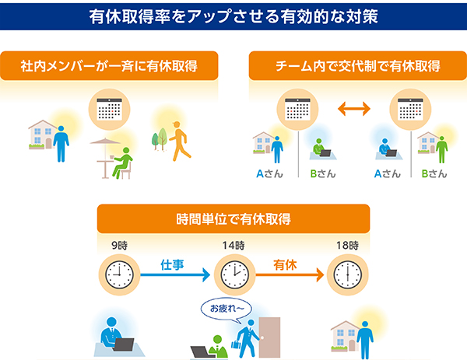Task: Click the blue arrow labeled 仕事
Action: click(175, 274)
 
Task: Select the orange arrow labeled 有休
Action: click(290, 274)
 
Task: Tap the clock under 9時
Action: click(119, 274)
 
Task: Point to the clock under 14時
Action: click(235, 274)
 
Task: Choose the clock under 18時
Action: click(348, 274)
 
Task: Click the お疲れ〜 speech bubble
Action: click(226, 309)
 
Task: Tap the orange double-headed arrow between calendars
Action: click(354, 109)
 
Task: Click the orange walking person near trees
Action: click(180, 141)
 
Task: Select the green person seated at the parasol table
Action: click(122, 163)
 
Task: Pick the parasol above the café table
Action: click(105, 142)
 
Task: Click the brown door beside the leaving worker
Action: click(269, 337)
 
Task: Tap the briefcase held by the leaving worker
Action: click(236, 344)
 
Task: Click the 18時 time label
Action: click(348, 246)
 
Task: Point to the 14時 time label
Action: click(233, 246)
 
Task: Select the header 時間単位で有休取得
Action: click(233, 219)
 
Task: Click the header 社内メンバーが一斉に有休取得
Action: click(109, 66)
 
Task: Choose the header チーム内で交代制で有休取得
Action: click(358, 66)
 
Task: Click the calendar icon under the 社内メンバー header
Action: click(109, 109)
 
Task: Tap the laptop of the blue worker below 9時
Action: click(124, 344)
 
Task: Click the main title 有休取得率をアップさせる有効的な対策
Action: click(233, 16)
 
